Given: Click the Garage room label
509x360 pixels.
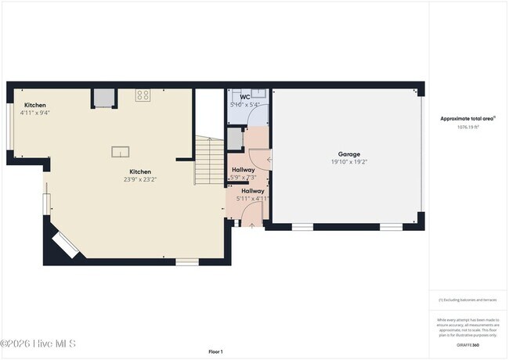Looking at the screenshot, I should (348, 154).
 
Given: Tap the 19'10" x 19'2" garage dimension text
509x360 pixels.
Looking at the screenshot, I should (348, 163).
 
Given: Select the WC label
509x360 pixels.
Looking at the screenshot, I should (244, 97).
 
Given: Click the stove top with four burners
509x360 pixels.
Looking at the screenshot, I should (143, 95).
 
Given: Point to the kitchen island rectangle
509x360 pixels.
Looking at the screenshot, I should (121, 151).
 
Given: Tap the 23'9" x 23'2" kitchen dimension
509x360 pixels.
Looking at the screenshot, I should (140, 179).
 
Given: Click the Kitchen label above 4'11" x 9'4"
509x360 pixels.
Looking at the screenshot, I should (35, 105).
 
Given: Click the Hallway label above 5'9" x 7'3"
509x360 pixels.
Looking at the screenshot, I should (243, 169).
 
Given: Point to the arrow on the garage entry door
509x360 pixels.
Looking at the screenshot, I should (269, 160).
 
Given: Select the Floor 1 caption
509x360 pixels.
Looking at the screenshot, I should (216, 351).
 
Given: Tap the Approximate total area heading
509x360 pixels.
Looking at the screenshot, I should (467, 118).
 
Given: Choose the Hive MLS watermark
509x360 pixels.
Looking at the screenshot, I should (38, 344).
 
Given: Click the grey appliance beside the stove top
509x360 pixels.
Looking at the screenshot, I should (103, 97).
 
